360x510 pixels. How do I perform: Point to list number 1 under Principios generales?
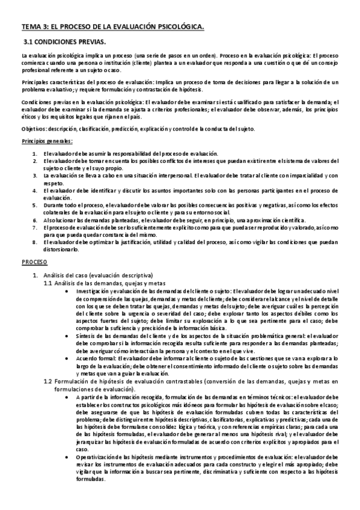[34, 154]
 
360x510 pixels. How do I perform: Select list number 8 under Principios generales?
[34, 242]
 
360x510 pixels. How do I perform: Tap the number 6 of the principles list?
[34, 220]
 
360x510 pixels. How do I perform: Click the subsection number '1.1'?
[49, 283]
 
